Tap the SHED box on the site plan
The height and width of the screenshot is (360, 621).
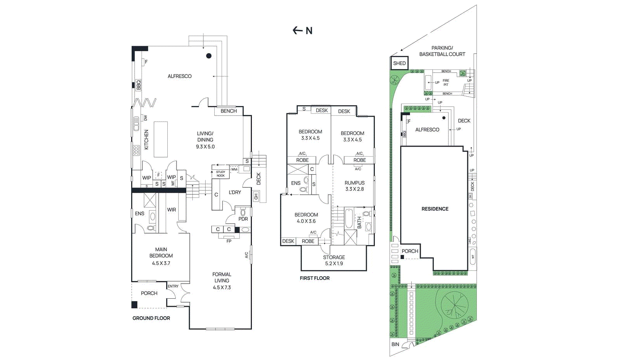coord(399,63)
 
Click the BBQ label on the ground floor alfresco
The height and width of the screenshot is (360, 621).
coord(139,85)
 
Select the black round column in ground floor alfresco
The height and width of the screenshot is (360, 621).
coord(209,56)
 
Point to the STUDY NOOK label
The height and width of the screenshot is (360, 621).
coord(220,174)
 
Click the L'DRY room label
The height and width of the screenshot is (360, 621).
coord(235,192)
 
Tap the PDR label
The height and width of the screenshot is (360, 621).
coord(243,219)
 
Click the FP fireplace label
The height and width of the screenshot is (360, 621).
coord(229,241)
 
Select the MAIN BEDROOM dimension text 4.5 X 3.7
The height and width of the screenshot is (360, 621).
coord(161,263)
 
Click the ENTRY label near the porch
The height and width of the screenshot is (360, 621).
coord(173,286)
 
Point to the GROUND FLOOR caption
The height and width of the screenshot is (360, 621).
coord(151,318)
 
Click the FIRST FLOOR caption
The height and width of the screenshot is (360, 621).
coord(314,278)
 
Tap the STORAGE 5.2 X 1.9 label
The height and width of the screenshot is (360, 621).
coord(334,260)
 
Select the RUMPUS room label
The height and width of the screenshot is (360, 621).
coord(354,183)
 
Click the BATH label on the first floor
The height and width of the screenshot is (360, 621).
coord(359,222)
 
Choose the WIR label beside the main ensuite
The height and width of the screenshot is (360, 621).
coord(172,210)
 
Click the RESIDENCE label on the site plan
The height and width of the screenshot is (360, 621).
coord(435,209)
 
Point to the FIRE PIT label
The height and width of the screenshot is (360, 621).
coord(446,83)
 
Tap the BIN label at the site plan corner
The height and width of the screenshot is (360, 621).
coord(395,344)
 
